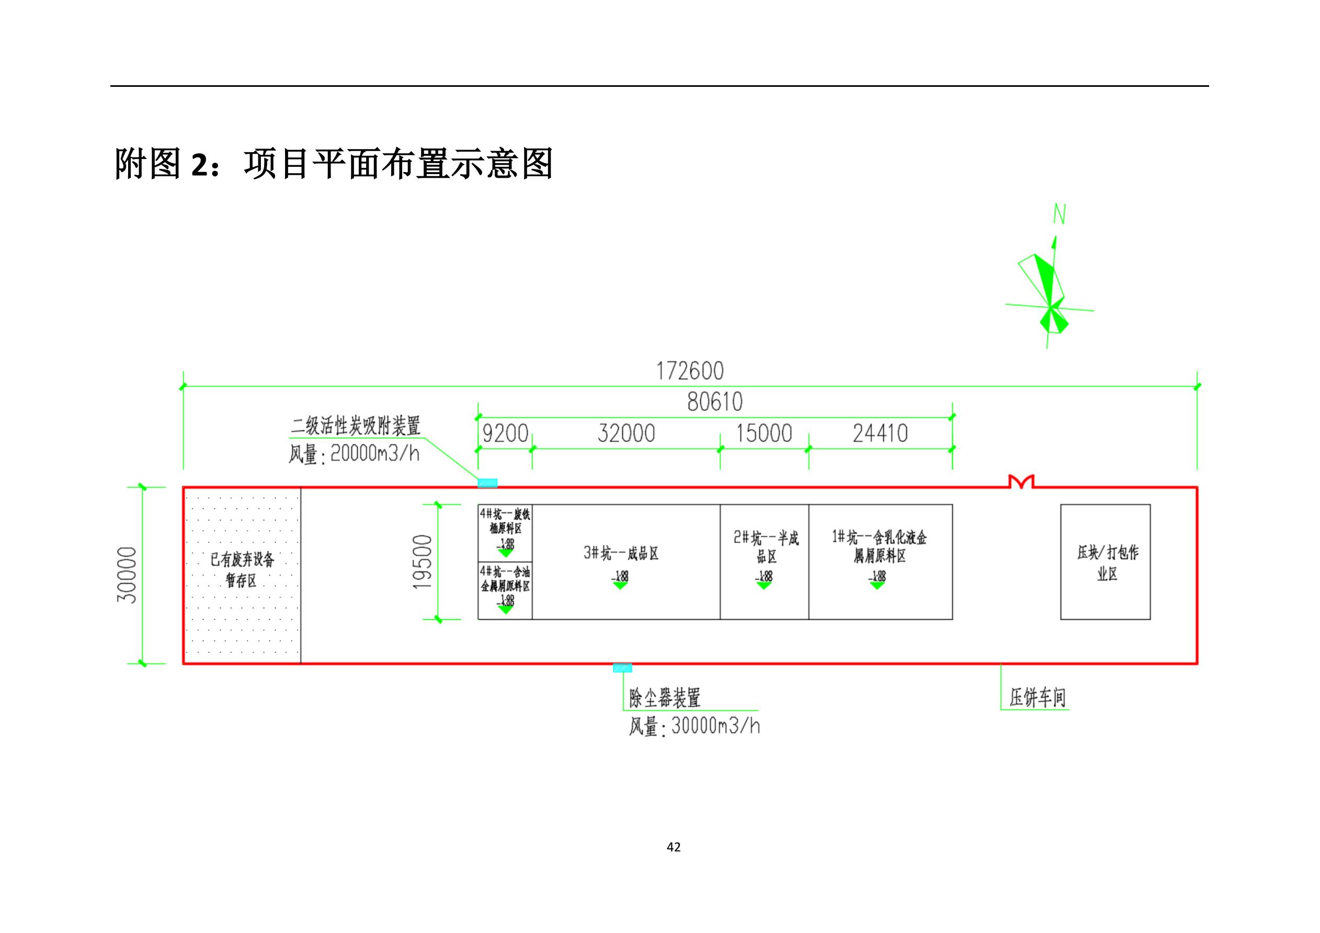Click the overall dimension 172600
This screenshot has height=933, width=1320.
pyautogui.click(x=690, y=371)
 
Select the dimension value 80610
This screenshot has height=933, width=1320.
pyautogui.click(x=714, y=402)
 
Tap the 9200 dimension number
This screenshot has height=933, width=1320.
pyautogui.click(x=505, y=434)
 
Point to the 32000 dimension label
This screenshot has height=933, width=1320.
pyautogui.click(x=626, y=434)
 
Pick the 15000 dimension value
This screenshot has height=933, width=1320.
pyautogui.click(x=764, y=434)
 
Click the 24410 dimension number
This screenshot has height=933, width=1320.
pyautogui.click(x=880, y=434)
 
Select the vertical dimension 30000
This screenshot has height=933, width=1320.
pyautogui.click(x=127, y=575)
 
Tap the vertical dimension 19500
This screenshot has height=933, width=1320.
pyautogui.click(x=423, y=562)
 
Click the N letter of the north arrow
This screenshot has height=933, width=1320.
pyautogui.click(x=1059, y=214)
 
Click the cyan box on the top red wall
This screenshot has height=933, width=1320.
pyautogui.click(x=487, y=483)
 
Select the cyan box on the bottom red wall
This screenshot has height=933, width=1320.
pyautogui.click(x=622, y=667)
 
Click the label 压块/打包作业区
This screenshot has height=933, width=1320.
pyautogui.click(x=1107, y=563)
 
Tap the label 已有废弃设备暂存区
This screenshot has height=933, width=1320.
pyautogui.click(x=242, y=569)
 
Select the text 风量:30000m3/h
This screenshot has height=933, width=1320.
pyautogui.click(x=694, y=726)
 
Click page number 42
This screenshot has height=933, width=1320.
pyautogui.click(x=674, y=847)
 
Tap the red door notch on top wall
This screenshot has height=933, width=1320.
pyautogui.click(x=1021, y=482)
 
